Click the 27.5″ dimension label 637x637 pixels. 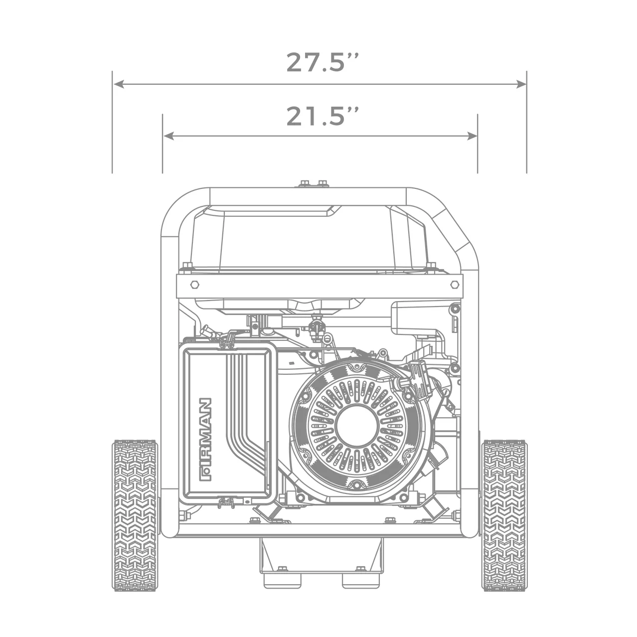322,62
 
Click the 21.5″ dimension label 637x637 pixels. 322,116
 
